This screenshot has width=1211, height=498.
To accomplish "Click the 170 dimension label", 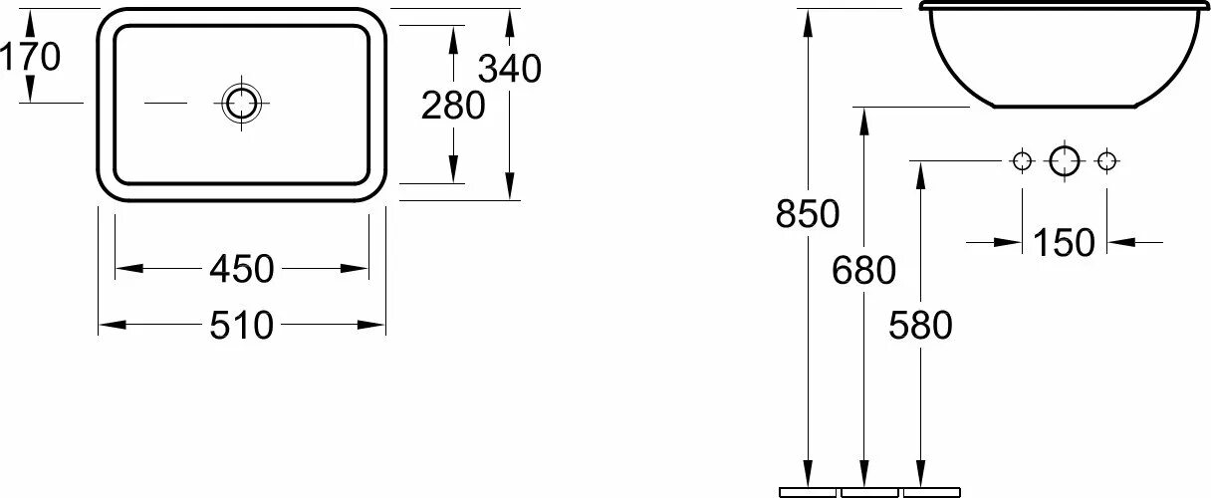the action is (x=30, y=57).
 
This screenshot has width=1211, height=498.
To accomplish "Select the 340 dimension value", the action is (x=509, y=69).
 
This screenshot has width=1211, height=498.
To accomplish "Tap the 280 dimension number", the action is (x=453, y=105).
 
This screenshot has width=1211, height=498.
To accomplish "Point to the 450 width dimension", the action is (x=241, y=268).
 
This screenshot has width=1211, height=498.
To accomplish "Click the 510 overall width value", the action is (x=241, y=325).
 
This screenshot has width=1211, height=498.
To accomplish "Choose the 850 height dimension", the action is (x=808, y=213).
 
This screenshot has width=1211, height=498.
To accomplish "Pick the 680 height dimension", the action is (x=864, y=269).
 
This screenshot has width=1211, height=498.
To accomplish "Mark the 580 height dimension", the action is (x=921, y=325).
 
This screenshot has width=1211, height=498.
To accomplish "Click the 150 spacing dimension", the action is (x=1064, y=242).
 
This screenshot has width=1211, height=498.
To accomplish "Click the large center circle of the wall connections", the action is (x=1064, y=160).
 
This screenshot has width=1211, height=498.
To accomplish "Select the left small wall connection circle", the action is (x=1022, y=160).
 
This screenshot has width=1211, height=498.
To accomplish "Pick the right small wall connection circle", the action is (x=1105, y=160).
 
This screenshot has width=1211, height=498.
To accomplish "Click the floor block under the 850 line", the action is (x=808, y=491).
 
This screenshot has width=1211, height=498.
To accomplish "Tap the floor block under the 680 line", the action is (x=868, y=491).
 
